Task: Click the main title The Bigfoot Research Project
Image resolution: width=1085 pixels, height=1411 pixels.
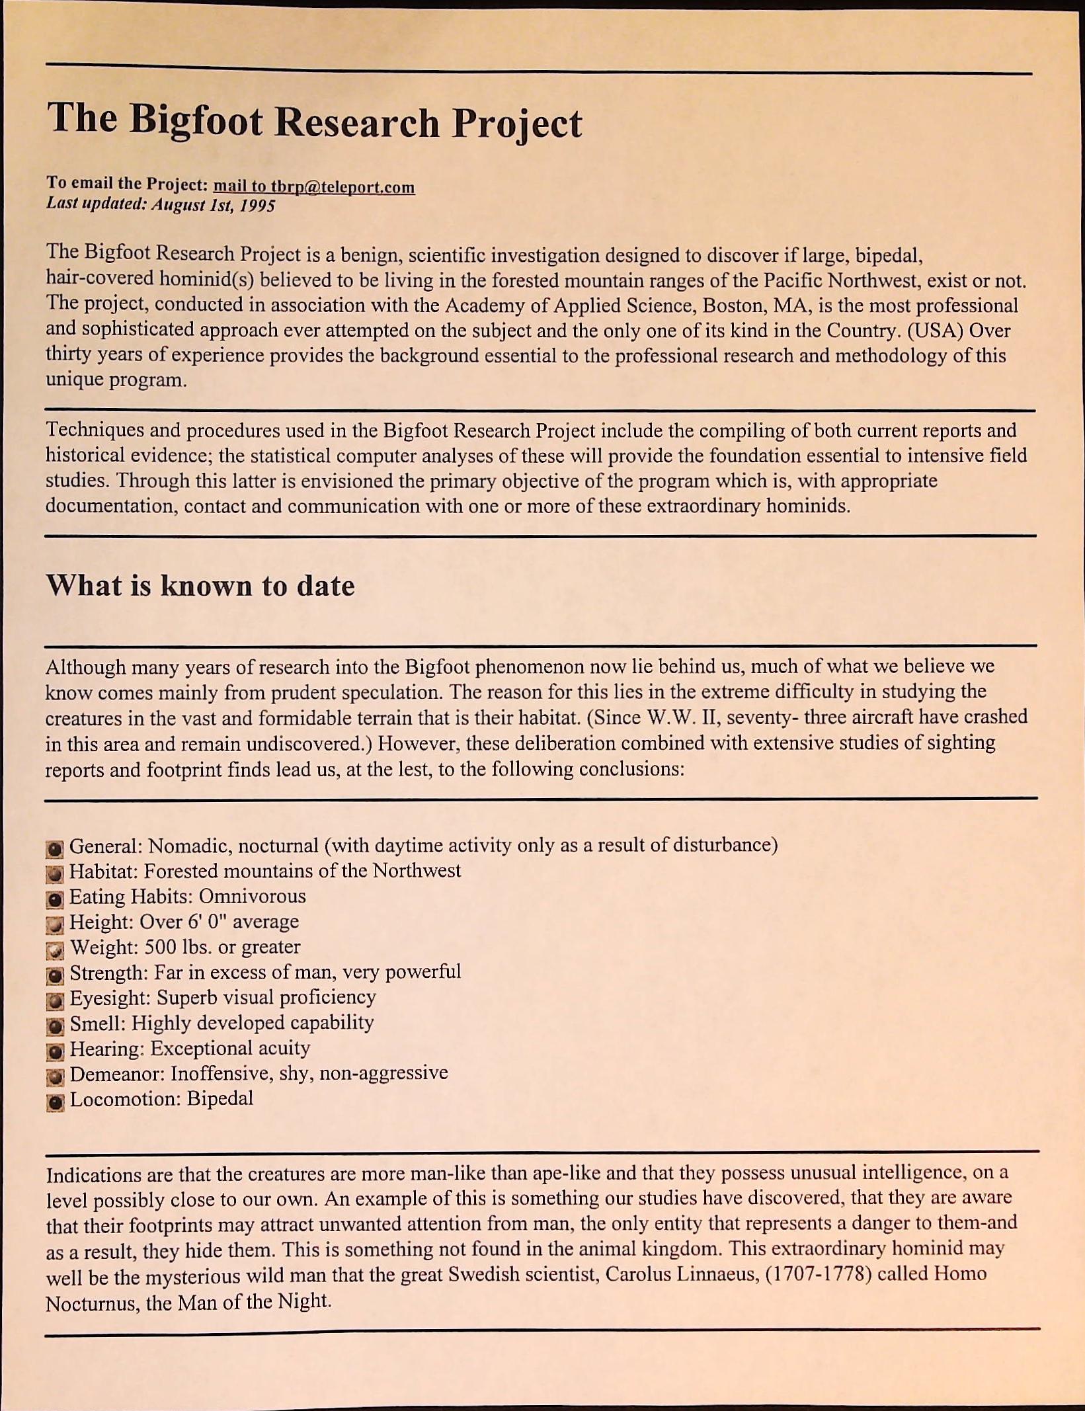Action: [314, 122]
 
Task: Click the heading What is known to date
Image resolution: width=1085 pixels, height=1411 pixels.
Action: [200, 586]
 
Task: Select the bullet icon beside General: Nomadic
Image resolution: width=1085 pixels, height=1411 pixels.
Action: [56, 848]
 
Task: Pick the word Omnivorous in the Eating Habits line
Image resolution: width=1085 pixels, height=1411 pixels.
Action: [252, 897]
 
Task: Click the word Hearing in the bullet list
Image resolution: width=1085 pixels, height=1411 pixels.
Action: [106, 1049]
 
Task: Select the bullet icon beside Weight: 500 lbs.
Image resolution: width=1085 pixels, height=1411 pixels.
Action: [56, 950]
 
